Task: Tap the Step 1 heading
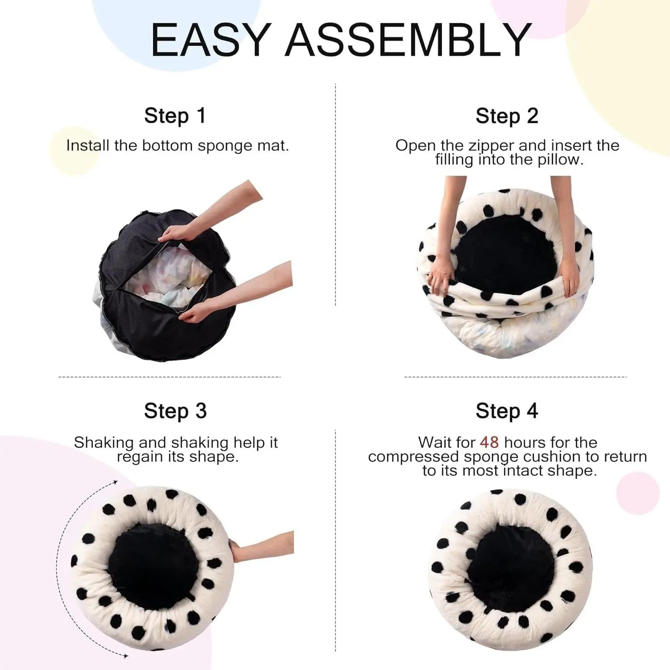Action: [175, 116]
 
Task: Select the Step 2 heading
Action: [507, 116]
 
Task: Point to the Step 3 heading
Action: [175, 411]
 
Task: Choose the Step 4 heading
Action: [507, 411]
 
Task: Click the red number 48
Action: [489, 442]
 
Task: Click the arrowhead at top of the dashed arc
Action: [115, 482]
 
